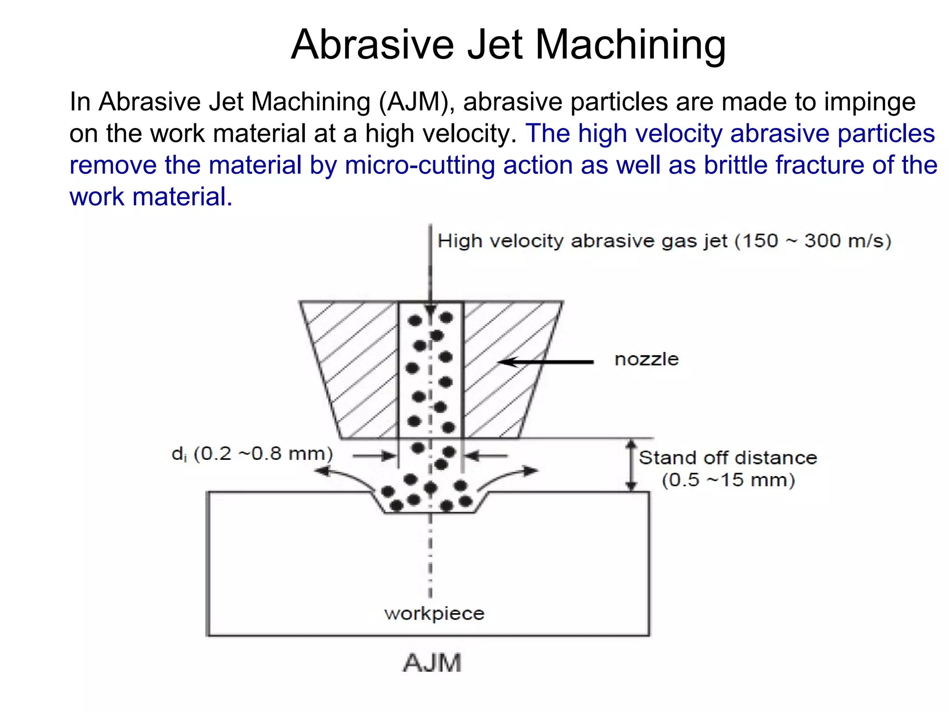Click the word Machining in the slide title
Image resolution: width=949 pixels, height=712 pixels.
[x=630, y=45]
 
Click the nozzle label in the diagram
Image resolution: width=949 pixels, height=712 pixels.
[x=646, y=359]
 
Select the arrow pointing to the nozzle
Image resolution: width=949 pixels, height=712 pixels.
[x=547, y=362]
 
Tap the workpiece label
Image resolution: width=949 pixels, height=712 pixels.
[x=434, y=614]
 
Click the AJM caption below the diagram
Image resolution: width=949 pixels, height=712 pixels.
[x=432, y=663]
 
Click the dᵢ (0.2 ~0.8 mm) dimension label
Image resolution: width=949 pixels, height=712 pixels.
[x=252, y=454]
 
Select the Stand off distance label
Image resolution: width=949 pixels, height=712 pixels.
[x=728, y=458]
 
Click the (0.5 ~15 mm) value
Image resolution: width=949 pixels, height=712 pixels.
[x=728, y=480]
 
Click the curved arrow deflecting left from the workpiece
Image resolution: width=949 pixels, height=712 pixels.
[x=343, y=475]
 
